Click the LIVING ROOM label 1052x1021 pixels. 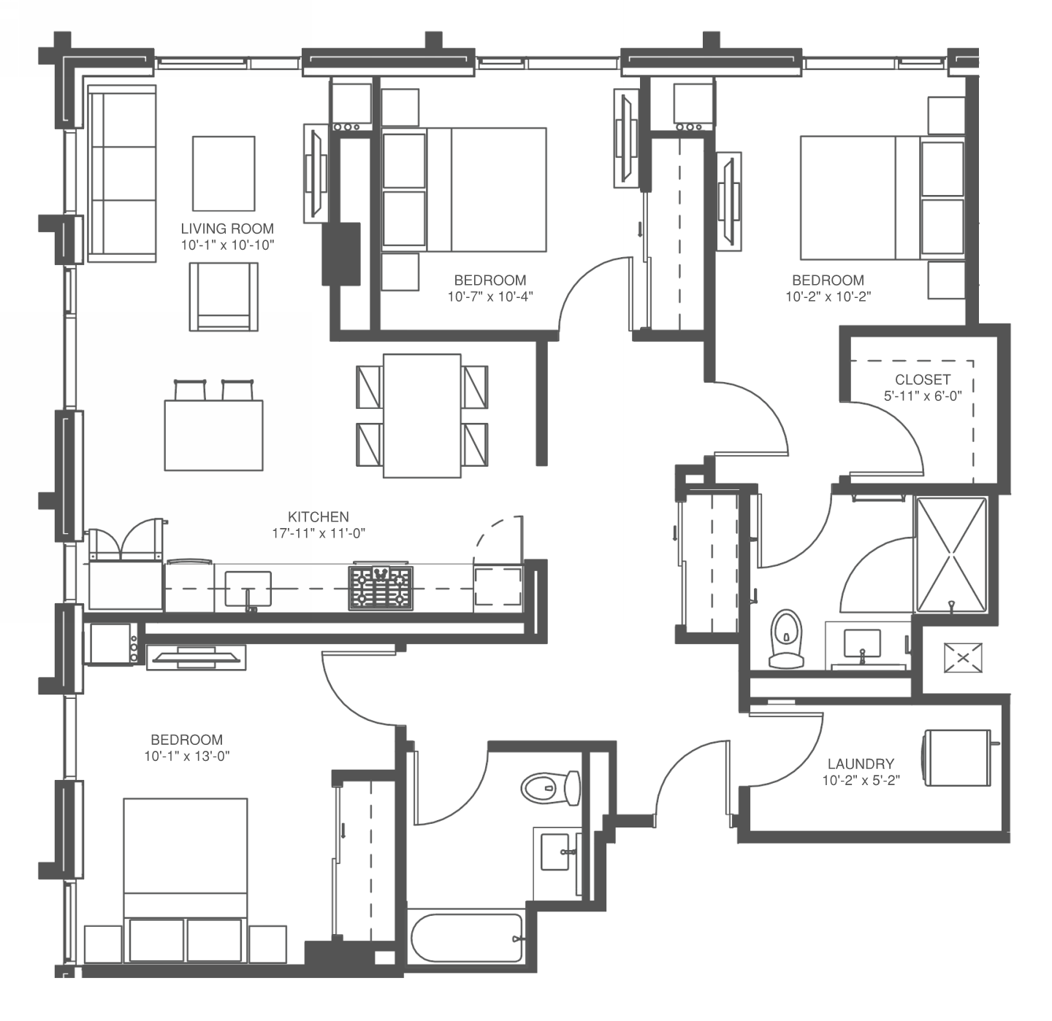[227, 229]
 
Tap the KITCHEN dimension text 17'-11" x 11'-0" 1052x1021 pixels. [319, 533]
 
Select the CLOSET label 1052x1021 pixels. [923, 380]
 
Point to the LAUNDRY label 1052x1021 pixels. [861, 764]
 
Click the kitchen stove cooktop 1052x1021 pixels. [381, 587]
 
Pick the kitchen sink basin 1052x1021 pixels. [248, 588]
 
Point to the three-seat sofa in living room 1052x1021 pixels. [122, 174]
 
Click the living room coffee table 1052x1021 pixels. [224, 174]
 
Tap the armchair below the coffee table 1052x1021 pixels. [224, 297]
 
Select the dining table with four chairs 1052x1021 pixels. [422, 416]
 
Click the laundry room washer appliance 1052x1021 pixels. [958, 758]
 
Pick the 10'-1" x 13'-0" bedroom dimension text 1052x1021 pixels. [187, 756]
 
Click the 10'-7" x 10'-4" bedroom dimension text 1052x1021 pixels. [490, 297]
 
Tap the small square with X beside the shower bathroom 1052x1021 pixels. [964, 658]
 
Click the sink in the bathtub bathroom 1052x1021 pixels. [557, 852]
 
